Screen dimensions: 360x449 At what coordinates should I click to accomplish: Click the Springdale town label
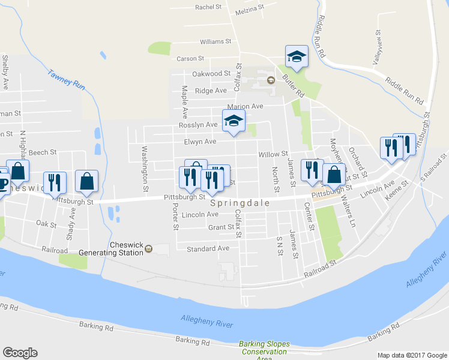[x=240, y=203]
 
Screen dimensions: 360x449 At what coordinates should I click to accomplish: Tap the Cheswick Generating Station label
[x=127, y=248]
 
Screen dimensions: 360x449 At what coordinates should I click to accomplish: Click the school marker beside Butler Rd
[x=297, y=56]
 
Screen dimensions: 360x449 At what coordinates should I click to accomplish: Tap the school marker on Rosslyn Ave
[x=234, y=121]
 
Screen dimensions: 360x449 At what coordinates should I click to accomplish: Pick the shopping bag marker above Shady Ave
[x=87, y=181]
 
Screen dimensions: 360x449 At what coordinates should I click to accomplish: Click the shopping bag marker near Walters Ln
[x=334, y=175]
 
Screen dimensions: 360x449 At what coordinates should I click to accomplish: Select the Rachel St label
[x=209, y=7]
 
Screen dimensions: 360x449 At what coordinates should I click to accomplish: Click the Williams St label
[x=215, y=42]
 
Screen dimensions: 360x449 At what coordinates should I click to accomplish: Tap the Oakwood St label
[x=211, y=74]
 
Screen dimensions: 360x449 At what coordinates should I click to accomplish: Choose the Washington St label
[x=145, y=169]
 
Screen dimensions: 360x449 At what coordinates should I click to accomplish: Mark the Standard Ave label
[x=208, y=248]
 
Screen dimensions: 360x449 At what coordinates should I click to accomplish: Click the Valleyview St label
[x=377, y=48]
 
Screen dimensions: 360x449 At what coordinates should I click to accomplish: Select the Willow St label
[x=273, y=154]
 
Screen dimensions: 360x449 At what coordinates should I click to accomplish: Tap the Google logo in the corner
[x=20, y=353]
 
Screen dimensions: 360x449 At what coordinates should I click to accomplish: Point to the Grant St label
[x=221, y=227]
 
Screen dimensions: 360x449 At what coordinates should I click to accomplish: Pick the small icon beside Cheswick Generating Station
[x=149, y=248]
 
